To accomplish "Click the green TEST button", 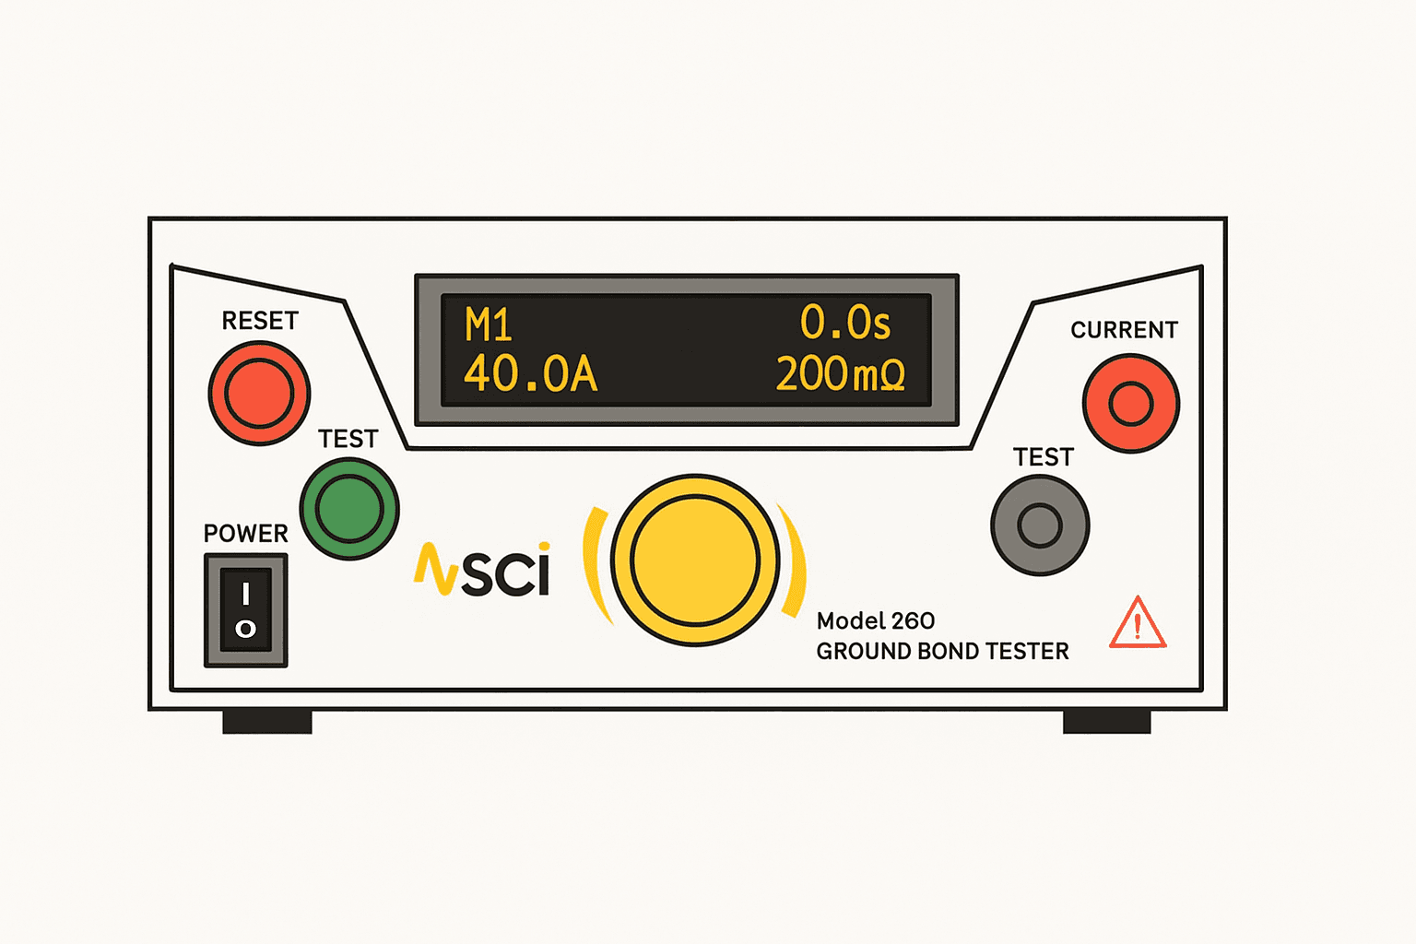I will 349,509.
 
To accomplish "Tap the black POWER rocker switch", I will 245,609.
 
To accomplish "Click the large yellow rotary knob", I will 695,560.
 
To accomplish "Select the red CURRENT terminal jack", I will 1130,404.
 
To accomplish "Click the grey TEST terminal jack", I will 1040,525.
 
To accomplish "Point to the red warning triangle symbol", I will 1138,625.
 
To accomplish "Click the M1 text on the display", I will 488,325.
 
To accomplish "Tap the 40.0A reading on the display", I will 530,374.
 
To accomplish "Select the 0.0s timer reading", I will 844,323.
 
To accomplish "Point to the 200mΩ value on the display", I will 840,374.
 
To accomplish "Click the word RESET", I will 260,321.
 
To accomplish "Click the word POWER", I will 245,534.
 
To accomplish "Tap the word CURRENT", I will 1124,330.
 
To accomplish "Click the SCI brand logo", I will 483,570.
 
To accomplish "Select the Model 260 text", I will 875,620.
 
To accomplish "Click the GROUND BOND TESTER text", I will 942,652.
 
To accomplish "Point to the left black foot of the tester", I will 267,722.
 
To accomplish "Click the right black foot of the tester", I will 1106,722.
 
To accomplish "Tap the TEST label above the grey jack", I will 1043,457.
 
